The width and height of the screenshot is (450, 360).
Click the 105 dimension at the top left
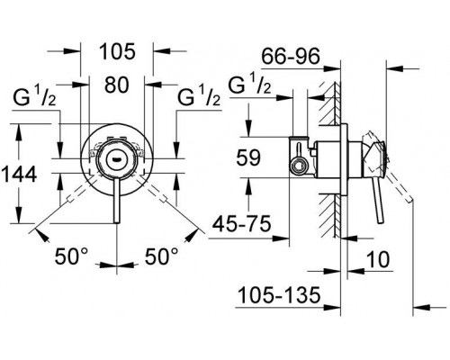pyautogui.click(x=117, y=51)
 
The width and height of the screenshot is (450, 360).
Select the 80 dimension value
pyautogui.click(x=117, y=85)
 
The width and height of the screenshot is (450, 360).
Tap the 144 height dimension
pyautogui.click(x=19, y=175)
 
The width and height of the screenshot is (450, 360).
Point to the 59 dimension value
pyautogui.click(x=248, y=157)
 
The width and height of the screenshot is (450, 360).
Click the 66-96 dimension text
pyautogui.click(x=291, y=56)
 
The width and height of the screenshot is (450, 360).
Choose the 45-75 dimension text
pyautogui.click(x=242, y=223)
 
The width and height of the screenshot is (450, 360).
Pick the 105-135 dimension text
pyautogui.click(x=279, y=294)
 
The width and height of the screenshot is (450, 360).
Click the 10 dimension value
pyautogui.click(x=378, y=259)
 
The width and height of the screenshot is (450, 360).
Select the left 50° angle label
pyautogui.click(x=71, y=256)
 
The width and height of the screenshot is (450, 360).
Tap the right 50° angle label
pyautogui.click(x=162, y=256)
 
